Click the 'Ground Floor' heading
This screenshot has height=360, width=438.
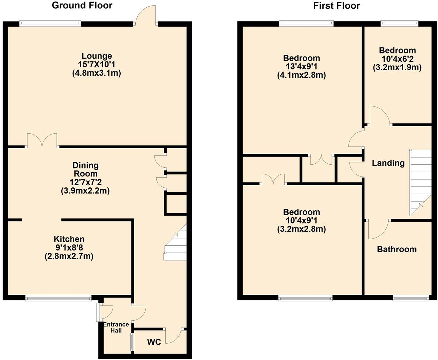[x=82, y=5]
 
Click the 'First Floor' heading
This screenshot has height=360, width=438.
[x=336, y=6]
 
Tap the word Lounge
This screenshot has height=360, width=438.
[x=97, y=56]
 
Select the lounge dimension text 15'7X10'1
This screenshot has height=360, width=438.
[x=97, y=65]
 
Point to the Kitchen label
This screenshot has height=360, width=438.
[x=69, y=239]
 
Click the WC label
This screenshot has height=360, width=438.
[x=154, y=342]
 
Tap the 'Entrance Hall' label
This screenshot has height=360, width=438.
[x=116, y=327]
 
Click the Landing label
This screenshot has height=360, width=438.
[x=388, y=163]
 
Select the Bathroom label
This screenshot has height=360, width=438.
[x=397, y=249]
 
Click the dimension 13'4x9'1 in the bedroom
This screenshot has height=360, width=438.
[x=301, y=67]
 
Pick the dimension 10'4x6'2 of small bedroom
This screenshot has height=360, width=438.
[x=397, y=59]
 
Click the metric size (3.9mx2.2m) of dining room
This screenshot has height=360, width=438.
[x=85, y=191]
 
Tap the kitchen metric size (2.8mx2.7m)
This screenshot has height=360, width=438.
[x=69, y=256]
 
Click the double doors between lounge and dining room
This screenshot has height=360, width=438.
[x=42, y=140]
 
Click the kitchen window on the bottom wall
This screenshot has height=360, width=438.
[x=58, y=298]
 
